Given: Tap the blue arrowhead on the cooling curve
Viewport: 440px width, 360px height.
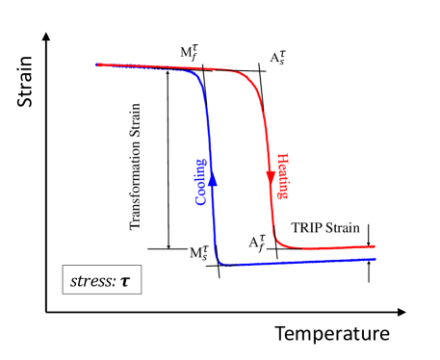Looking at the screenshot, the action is click(212, 177).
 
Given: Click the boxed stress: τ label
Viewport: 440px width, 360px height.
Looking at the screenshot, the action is click(101, 281).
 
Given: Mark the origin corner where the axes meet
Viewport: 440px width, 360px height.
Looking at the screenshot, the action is click(46, 312).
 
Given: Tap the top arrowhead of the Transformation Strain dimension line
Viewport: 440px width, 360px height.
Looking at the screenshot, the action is click(168, 71).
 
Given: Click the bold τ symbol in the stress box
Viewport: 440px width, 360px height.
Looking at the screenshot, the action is click(125, 281).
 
